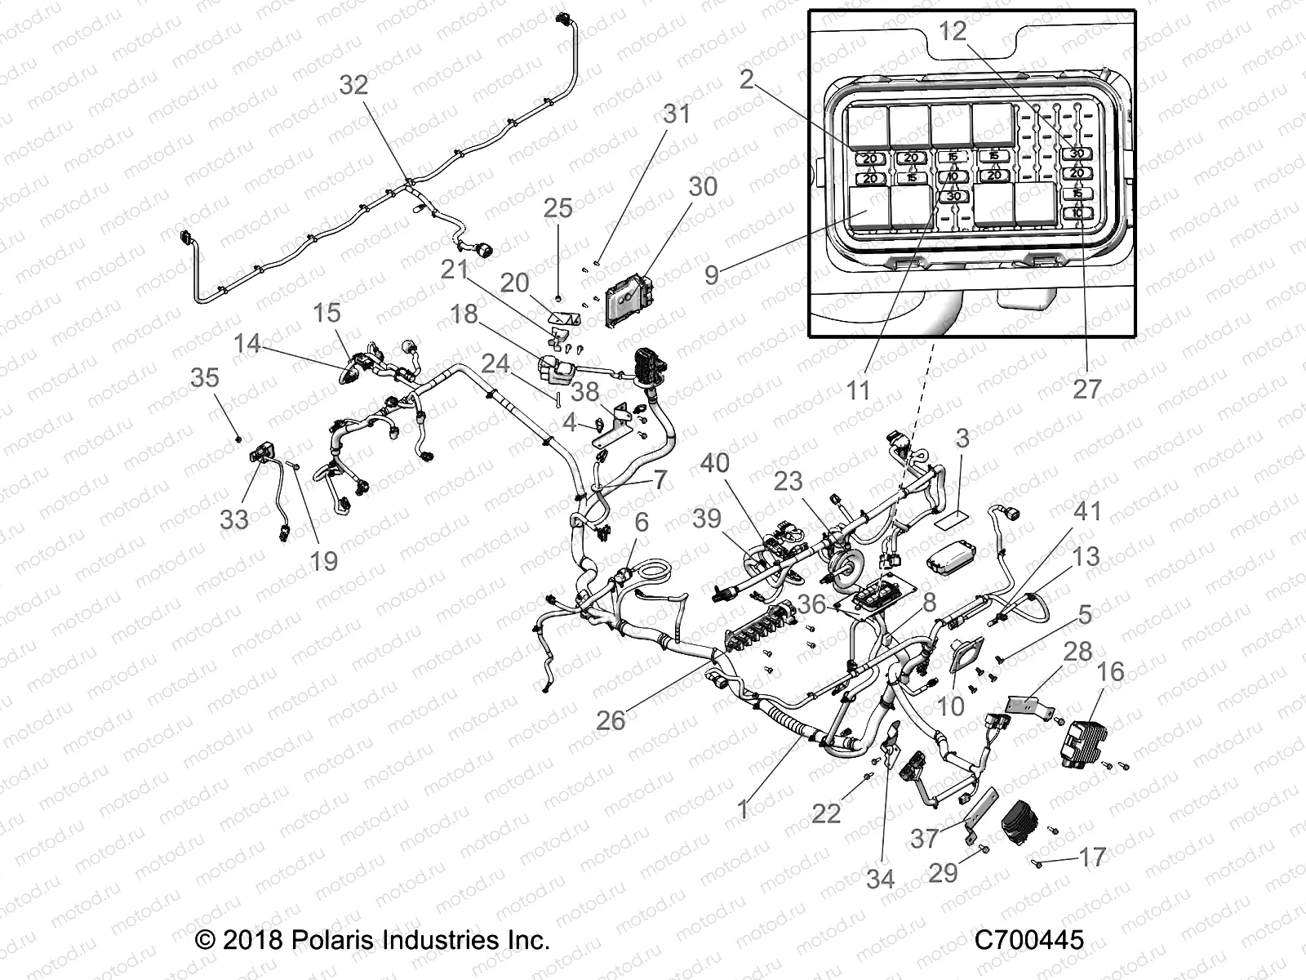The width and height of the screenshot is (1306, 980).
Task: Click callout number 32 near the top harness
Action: point(353,85)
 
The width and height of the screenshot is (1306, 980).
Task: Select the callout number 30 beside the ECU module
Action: point(702,187)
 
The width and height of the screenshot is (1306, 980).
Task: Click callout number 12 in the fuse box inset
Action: point(952,31)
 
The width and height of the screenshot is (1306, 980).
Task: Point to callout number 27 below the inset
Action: point(1086,389)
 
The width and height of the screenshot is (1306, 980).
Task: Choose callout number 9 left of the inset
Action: point(712,274)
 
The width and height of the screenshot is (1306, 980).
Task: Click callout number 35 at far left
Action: point(205,377)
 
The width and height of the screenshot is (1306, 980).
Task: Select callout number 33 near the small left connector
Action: point(234,519)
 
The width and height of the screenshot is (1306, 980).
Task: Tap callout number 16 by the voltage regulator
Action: point(1110,672)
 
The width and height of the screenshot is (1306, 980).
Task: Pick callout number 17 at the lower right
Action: point(1092,857)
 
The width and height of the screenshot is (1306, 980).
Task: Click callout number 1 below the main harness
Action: point(742,809)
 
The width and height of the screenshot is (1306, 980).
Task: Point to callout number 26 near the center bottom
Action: point(610,720)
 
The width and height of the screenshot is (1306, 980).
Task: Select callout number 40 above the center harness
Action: point(715,463)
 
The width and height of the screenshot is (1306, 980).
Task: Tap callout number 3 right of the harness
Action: point(962,439)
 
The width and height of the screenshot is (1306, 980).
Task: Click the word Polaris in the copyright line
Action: point(319,940)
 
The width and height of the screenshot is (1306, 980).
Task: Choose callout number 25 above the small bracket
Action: point(558,208)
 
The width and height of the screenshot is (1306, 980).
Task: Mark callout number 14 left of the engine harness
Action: point(247,343)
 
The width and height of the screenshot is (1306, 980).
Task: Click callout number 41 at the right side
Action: point(1086,512)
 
